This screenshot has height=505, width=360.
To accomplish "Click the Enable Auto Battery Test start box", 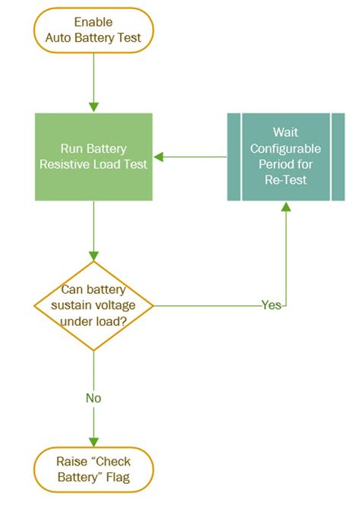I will click(93, 30).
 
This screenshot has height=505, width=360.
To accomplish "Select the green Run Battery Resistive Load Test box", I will click(93, 156).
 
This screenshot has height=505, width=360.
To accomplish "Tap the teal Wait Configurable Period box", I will click(286, 156).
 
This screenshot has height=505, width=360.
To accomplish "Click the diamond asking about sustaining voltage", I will click(93, 306).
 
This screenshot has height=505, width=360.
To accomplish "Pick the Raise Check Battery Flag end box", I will click(93, 469).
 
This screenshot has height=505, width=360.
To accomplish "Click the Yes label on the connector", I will click(271, 305).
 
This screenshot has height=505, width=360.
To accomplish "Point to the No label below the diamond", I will click(93, 397).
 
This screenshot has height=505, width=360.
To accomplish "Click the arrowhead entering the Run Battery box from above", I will click(93, 107).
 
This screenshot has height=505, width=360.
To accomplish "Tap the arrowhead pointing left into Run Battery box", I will click(158, 157).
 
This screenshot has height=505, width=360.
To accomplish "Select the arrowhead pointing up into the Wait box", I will click(286, 207).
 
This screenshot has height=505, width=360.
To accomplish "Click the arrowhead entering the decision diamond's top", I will click(93, 256).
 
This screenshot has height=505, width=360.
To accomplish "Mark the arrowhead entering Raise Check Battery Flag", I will click(93, 443).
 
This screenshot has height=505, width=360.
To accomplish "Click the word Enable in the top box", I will click(93, 22).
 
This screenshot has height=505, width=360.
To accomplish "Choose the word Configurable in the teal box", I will click(286, 148).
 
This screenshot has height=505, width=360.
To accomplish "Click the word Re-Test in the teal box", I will click(286, 181).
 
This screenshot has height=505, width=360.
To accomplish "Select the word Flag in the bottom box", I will click(114, 477).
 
